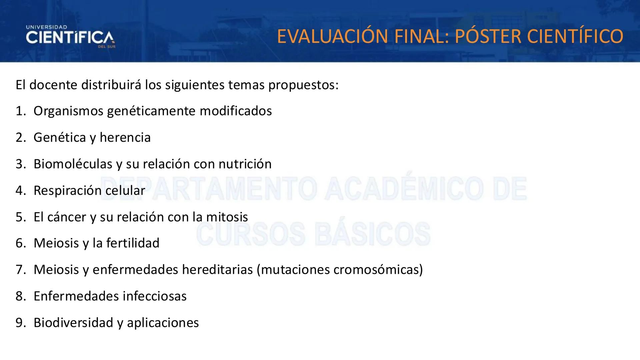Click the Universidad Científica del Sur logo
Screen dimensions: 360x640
click(x=70, y=37)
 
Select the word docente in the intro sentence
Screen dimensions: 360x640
click(x=53, y=85)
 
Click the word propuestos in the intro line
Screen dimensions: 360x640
click(x=303, y=85)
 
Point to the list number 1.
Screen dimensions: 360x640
click(x=20, y=111)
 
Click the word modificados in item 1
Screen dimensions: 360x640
click(x=236, y=111)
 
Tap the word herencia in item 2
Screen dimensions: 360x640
click(x=125, y=137)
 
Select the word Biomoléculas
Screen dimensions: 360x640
click(x=73, y=164)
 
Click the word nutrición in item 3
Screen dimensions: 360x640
click(x=245, y=164)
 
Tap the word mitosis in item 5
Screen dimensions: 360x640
click(x=227, y=217)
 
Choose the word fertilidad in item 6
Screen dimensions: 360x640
click(x=133, y=243)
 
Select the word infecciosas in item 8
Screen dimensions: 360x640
click(x=154, y=296)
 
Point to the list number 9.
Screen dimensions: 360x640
click(x=20, y=323)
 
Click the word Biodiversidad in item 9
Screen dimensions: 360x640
click(x=73, y=323)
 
